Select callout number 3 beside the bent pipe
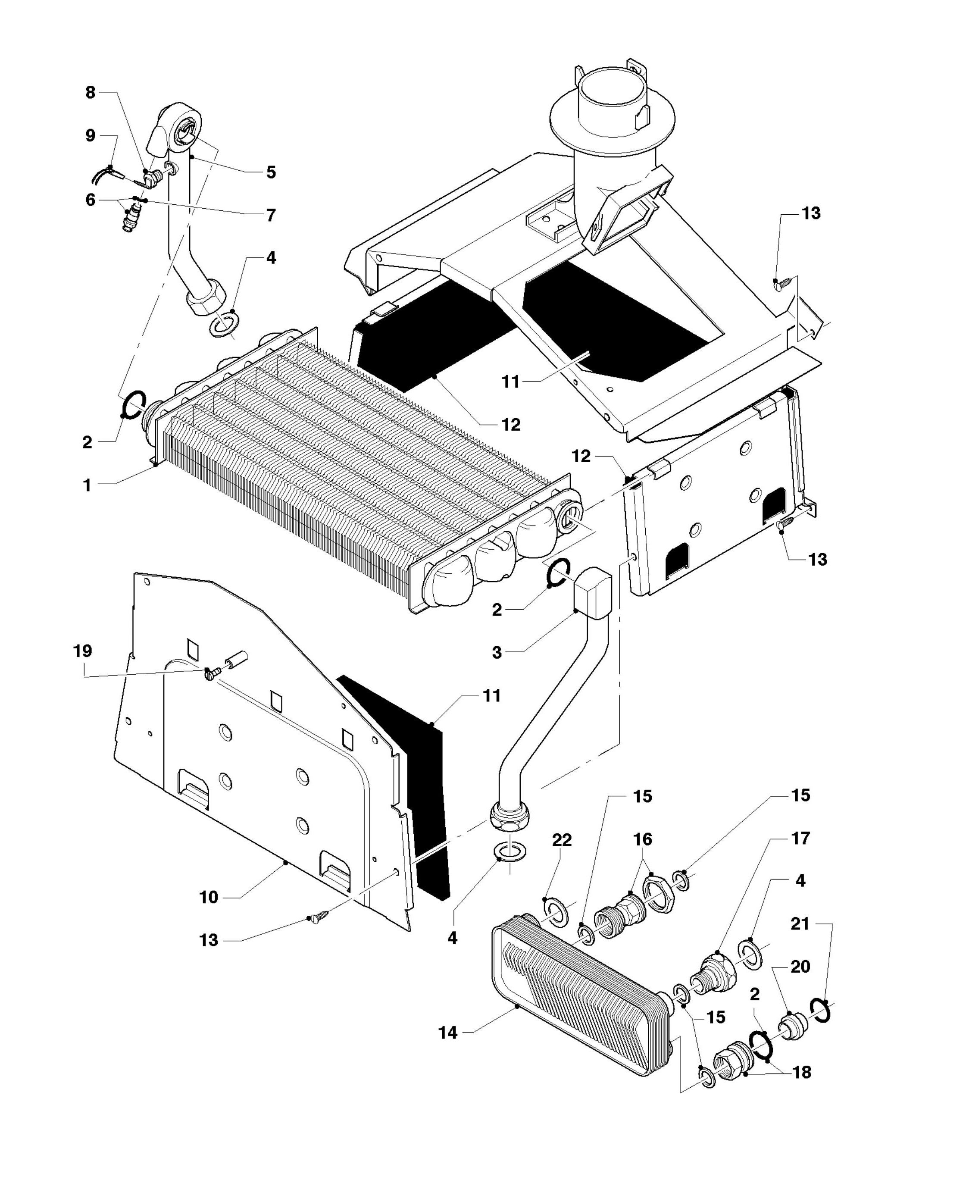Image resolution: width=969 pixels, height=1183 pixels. [497, 652]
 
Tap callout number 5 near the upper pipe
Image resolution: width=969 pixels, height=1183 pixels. [271, 172]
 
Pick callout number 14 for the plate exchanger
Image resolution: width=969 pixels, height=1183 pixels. [448, 1033]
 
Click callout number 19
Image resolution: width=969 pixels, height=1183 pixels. [83, 651]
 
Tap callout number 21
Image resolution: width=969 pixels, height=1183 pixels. [800, 924]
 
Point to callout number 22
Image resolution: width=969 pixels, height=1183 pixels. [562, 856]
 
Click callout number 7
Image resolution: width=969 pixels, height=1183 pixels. [271, 215]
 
